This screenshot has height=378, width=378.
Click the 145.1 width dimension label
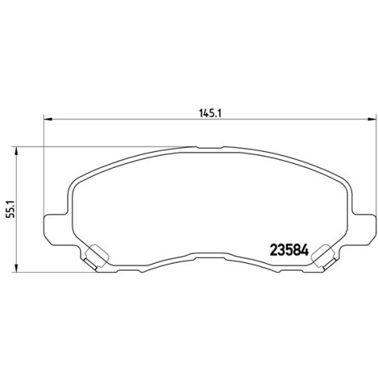click(210, 113)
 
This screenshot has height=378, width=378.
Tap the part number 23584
click(290, 250)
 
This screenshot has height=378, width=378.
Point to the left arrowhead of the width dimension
click(48, 119)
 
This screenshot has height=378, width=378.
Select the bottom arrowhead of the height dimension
click(17, 268)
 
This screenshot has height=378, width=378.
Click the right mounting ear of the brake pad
click(361, 229)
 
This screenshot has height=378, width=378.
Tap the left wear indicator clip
click(95, 257)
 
